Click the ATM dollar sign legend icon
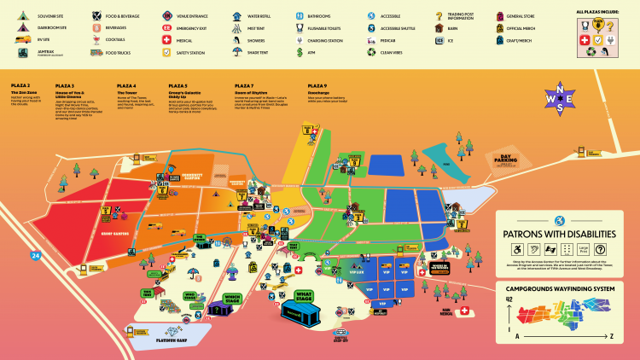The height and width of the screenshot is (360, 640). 300,52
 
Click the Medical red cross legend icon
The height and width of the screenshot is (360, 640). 167,40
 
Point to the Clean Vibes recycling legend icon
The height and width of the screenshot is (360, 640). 371,52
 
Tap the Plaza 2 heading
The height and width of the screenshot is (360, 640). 20,86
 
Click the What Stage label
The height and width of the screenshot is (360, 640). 304,295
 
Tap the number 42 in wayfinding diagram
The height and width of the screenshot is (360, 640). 509,299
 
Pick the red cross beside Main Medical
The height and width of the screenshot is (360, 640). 464,311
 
